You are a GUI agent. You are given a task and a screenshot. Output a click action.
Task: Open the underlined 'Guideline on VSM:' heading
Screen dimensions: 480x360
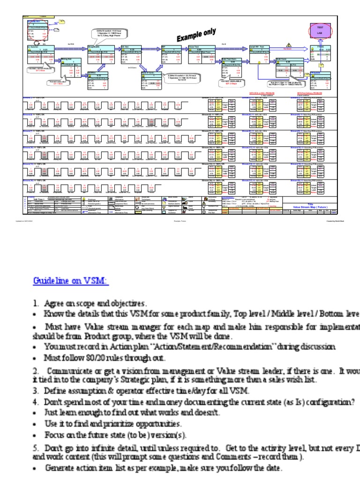[70, 281]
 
